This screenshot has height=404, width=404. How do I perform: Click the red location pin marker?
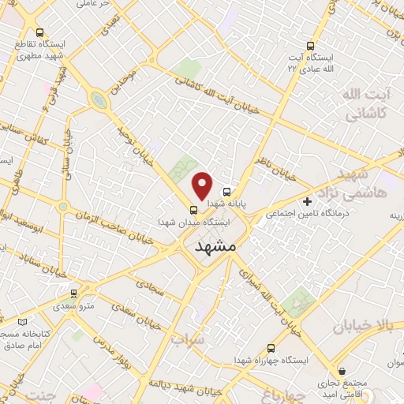click(203, 185)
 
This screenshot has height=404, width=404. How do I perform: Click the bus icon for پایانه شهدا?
click(226, 192)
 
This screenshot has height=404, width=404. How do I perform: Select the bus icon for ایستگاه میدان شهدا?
click(193, 210)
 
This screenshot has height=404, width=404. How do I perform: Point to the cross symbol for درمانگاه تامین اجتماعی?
click(307, 202)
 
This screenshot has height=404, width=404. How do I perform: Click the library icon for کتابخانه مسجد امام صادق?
click(22, 322)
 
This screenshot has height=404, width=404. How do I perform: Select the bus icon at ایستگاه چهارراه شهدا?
click(272, 347)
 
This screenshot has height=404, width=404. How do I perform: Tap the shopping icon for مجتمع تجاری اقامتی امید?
click(341, 369)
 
